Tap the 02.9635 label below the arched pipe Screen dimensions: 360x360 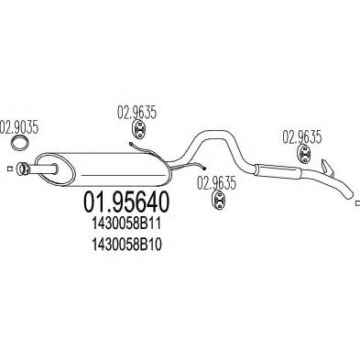coord(218,182)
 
